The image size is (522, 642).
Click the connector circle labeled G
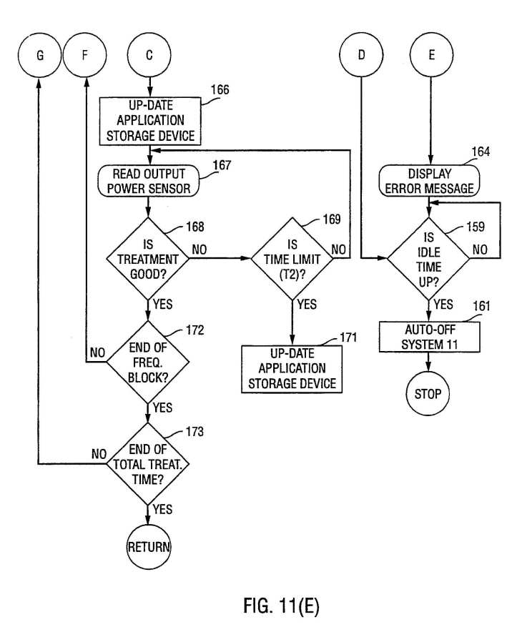(40, 55)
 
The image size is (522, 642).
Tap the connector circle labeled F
(85, 55)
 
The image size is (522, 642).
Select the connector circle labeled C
(149, 55)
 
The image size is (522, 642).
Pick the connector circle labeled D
(362, 55)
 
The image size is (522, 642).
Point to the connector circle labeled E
(431, 55)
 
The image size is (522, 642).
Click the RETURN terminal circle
(148, 547)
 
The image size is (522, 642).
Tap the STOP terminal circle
(428, 394)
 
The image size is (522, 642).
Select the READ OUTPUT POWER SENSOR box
(149, 181)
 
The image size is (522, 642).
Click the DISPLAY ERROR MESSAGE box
(429, 181)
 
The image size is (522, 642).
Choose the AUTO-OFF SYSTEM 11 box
(430, 337)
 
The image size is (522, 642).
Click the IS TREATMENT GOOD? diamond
(148, 259)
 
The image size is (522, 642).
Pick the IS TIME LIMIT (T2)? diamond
(292, 259)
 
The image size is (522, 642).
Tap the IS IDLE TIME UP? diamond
(428, 259)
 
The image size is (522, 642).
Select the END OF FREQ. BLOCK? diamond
(148, 362)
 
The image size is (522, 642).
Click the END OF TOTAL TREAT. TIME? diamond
(148, 464)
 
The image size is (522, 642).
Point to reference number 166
(220, 89)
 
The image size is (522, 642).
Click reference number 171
(348, 337)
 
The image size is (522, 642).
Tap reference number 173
(194, 432)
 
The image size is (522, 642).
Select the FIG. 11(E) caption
(281, 606)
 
